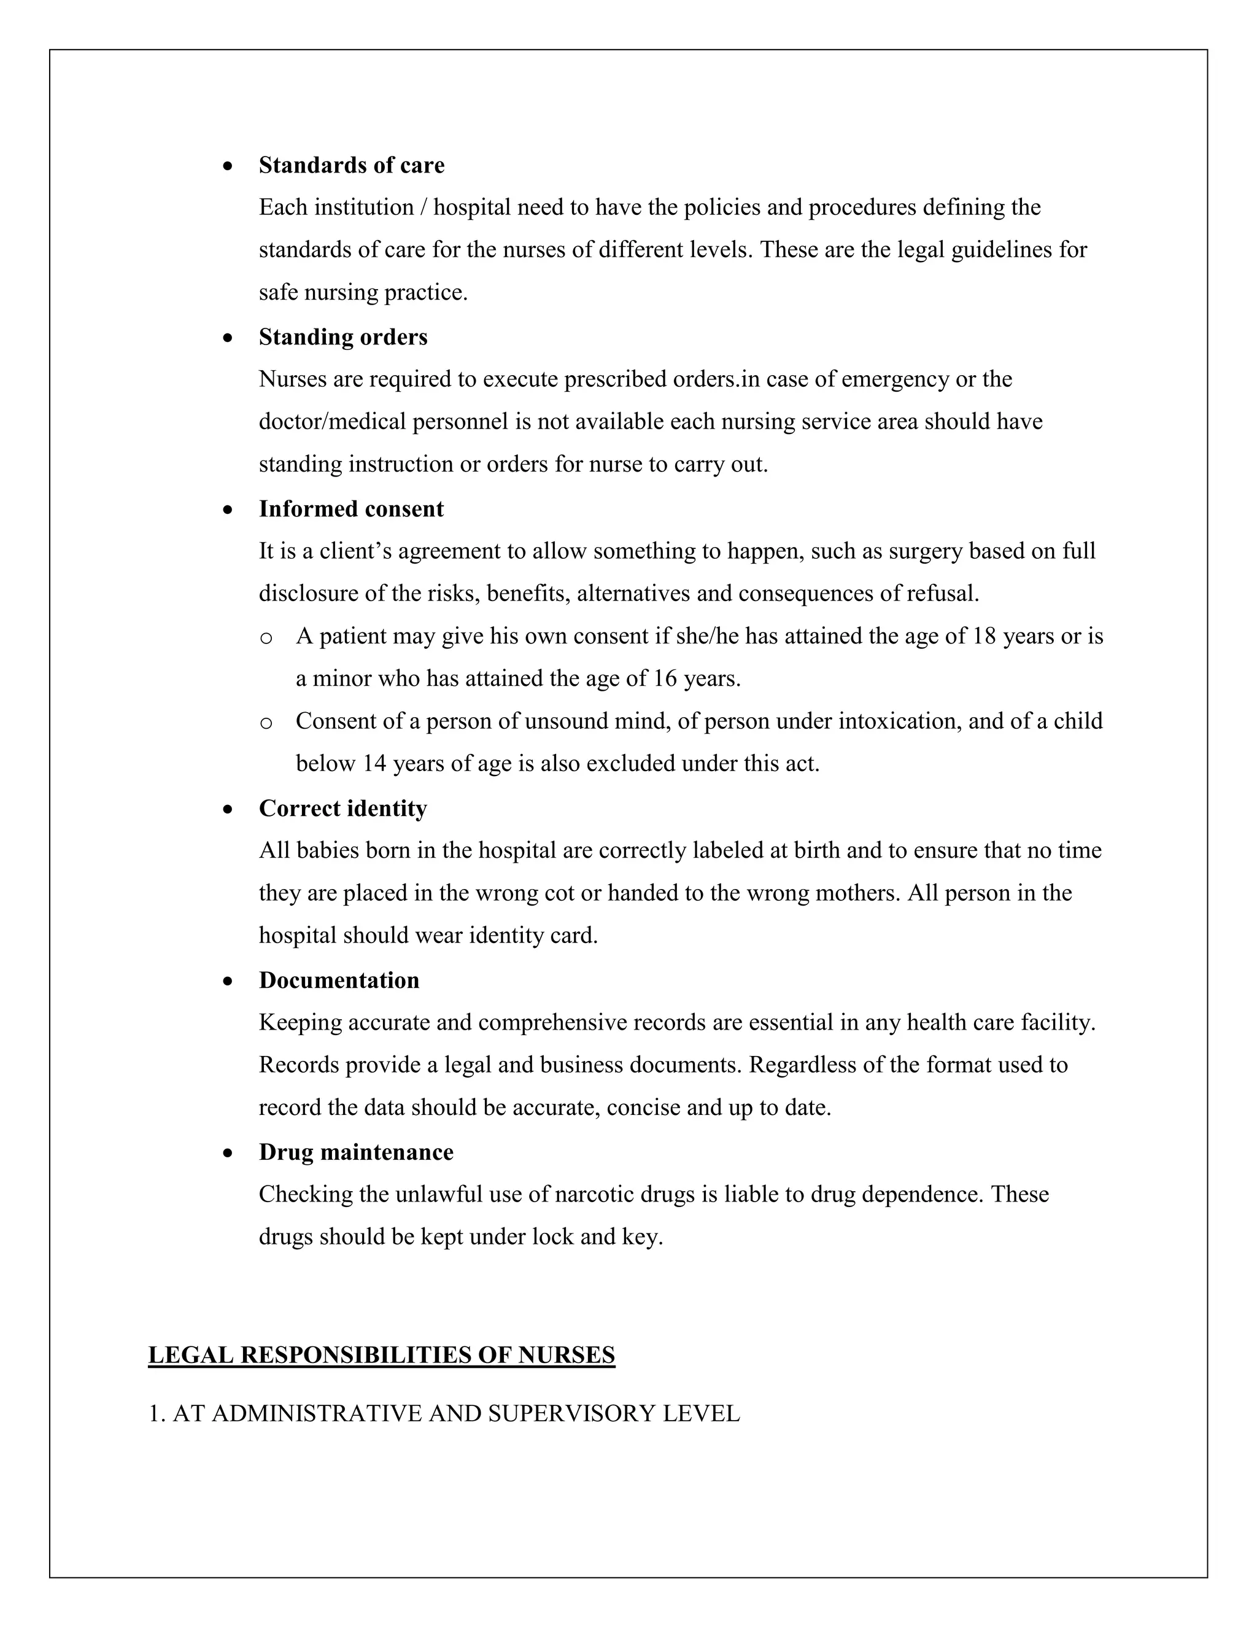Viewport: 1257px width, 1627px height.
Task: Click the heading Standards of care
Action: click(x=352, y=165)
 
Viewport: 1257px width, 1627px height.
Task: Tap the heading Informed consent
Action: click(x=350, y=509)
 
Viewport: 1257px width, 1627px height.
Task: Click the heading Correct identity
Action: click(x=342, y=809)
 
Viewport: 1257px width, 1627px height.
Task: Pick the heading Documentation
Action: click(x=339, y=980)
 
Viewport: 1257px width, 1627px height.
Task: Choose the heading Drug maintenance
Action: click(x=356, y=1152)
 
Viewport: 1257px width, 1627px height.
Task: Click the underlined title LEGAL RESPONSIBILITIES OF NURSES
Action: click(x=381, y=1355)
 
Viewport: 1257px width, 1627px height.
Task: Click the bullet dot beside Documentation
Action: click(x=228, y=982)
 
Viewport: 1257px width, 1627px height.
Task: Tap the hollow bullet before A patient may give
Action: click(x=266, y=638)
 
